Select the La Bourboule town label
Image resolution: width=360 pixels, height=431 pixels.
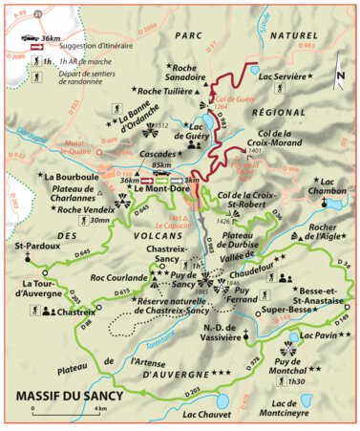72,178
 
